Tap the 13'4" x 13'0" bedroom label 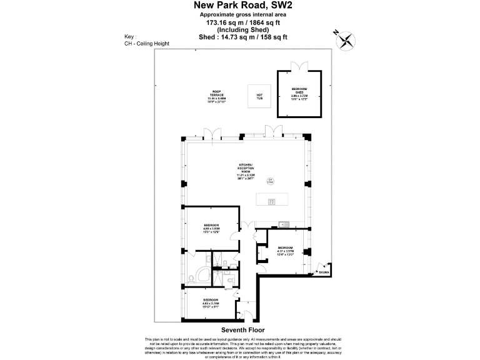pos(285,251)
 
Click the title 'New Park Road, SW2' pos(243,6)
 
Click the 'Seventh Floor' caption pos(243,329)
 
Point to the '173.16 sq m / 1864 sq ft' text pos(243,22)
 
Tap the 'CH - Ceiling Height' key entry pos(147,44)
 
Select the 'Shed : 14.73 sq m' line pos(243,37)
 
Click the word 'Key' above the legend pos(130,37)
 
